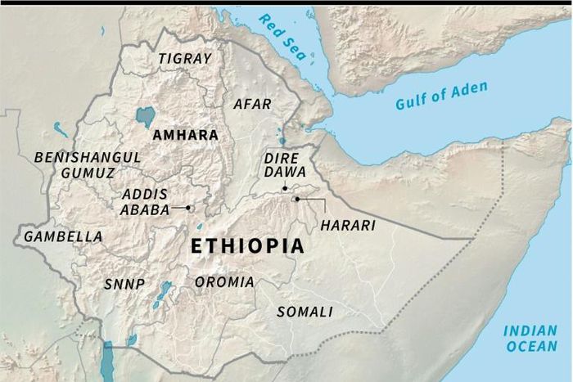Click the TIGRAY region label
coord(185,59)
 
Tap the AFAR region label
coord(251,105)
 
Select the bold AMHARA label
coord(185,135)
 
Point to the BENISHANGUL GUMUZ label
coord(88,164)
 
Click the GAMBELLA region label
coord(63,236)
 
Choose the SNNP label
coord(124,285)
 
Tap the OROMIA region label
coord(224,282)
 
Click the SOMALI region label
coord(305,312)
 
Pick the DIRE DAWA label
coord(285,164)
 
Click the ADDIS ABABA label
coord(145,201)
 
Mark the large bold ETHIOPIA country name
coord(247,246)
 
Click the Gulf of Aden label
coord(441,97)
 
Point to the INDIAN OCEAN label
coord(530,338)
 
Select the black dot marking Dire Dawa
coord(285,189)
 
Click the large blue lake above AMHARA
coord(146,116)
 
